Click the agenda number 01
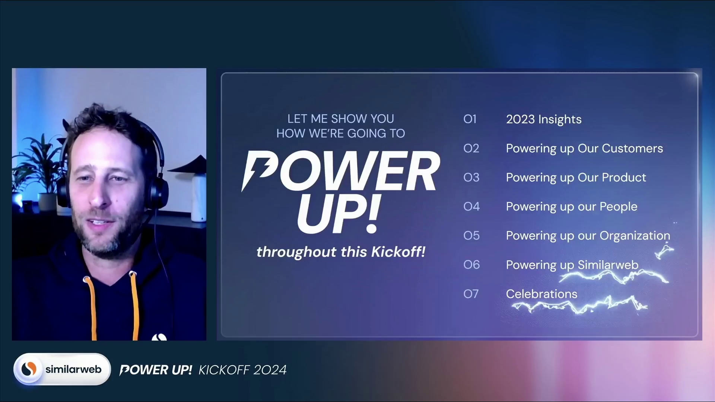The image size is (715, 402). pos(470,119)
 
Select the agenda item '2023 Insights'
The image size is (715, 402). pos(544,119)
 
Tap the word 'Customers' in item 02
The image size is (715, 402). pos(632,149)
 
